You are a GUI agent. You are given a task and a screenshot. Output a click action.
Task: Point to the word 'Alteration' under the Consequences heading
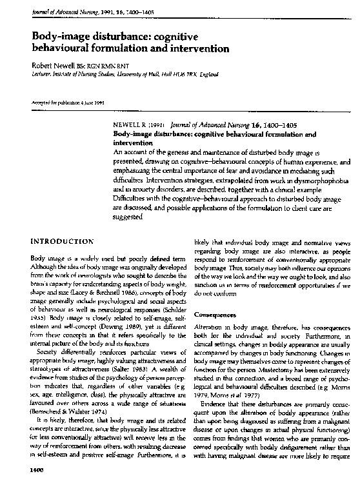click(210, 328)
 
